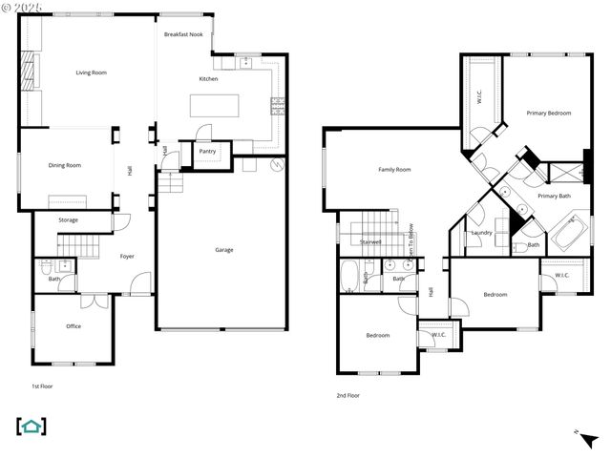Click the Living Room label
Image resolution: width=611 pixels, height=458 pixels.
(x=92, y=73)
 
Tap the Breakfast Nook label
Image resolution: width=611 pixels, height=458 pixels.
(x=183, y=34)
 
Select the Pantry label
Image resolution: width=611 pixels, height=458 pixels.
(x=207, y=151)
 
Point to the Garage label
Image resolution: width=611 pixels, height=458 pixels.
(x=224, y=250)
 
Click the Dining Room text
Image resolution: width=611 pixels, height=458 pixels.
(x=65, y=165)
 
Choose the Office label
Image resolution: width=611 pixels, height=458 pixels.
(x=74, y=326)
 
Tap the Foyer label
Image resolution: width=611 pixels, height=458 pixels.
(x=127, y=256)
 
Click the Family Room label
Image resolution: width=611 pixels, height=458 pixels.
(x=394, y=170)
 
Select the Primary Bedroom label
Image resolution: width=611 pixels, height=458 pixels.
(x=549, y=114)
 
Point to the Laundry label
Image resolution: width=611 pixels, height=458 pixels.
(x=481, y=232)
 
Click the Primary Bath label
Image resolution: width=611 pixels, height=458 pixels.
(x=554, y=196)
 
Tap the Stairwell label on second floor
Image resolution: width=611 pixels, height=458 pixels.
(x=370, y=242)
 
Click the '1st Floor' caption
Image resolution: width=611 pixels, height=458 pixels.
(x=42, y=386)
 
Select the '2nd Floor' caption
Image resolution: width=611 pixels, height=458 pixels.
(x=348, y=395)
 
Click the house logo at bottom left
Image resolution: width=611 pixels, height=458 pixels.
(x=32, y=427)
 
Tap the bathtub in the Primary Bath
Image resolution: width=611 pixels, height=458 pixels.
(x=570, y=232)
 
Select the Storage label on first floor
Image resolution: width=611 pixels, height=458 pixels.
(x=68, y=220)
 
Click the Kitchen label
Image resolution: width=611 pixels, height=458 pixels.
(x=208, y=79)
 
